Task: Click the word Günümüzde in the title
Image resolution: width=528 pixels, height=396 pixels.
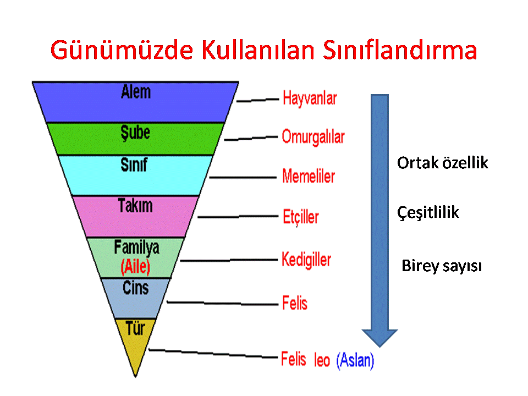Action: (122, 50)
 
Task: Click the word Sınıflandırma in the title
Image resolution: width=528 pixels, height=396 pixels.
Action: (400, 50)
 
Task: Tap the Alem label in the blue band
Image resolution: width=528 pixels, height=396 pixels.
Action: (136, 92)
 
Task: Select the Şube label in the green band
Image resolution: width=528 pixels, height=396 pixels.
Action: (135, 133)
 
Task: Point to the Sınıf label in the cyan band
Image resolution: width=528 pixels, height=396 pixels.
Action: (134, 165)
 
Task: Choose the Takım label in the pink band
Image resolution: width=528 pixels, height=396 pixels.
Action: (135, 205)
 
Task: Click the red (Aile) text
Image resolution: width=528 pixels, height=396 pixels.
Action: (135, 267)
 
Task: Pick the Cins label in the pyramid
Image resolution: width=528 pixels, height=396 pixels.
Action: (135, 288)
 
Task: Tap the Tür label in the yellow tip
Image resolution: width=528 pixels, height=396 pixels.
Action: (135, 328)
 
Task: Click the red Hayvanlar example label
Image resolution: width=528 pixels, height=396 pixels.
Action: (310, 98)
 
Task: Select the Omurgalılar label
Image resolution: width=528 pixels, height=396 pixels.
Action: (313, 137)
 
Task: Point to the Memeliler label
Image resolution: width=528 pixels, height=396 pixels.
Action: (309, 176)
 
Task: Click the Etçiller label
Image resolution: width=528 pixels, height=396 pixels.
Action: (301, 217)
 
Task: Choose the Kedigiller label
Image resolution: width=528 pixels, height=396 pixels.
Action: (306, 260)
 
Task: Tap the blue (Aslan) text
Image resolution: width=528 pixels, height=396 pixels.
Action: (355, 360)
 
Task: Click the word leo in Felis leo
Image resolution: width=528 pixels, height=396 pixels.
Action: (322, 360)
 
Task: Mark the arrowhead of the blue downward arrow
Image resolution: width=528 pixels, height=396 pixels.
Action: (380, 338)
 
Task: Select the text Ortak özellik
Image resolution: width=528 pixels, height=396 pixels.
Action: (442, 163)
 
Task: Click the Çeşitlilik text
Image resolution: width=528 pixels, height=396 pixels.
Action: (428, 212)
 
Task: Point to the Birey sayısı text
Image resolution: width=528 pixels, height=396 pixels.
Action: (442, 266)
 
